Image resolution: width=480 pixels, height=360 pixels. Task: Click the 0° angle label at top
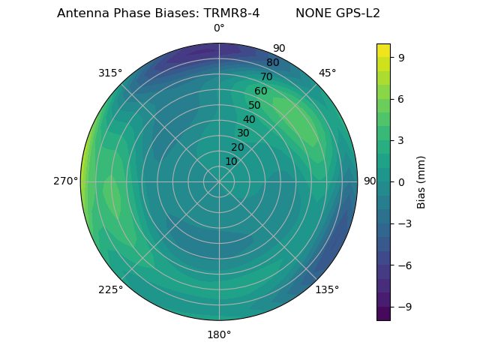[x=219, y=28]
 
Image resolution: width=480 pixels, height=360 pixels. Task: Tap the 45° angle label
[x=327, y=73]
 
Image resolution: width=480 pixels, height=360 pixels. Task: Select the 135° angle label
[x=327, y=289]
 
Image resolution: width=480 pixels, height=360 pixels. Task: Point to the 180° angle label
[x=219, y=334]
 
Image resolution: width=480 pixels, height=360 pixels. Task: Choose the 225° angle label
[x=110, y=290]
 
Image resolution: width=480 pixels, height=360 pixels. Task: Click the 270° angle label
[x=66, y=181]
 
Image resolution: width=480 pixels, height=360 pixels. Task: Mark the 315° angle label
[x=110, y=73]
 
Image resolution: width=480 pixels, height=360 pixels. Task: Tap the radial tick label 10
[x=231, y=161]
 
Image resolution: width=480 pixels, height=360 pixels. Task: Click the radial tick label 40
[x=249, y=119]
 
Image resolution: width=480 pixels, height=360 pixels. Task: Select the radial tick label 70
[x=266, y=76]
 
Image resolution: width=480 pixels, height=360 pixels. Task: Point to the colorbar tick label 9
[x=402, y=57]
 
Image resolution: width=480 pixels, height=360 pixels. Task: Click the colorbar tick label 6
[x=402, y=99]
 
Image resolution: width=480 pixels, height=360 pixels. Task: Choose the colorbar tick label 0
[x=402, y=182]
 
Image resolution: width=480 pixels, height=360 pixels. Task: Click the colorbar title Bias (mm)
[x=421, y=182]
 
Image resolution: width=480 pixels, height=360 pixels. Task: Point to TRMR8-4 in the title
[x=231, y=13]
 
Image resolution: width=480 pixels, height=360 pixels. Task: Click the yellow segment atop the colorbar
[x=383, y=50]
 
